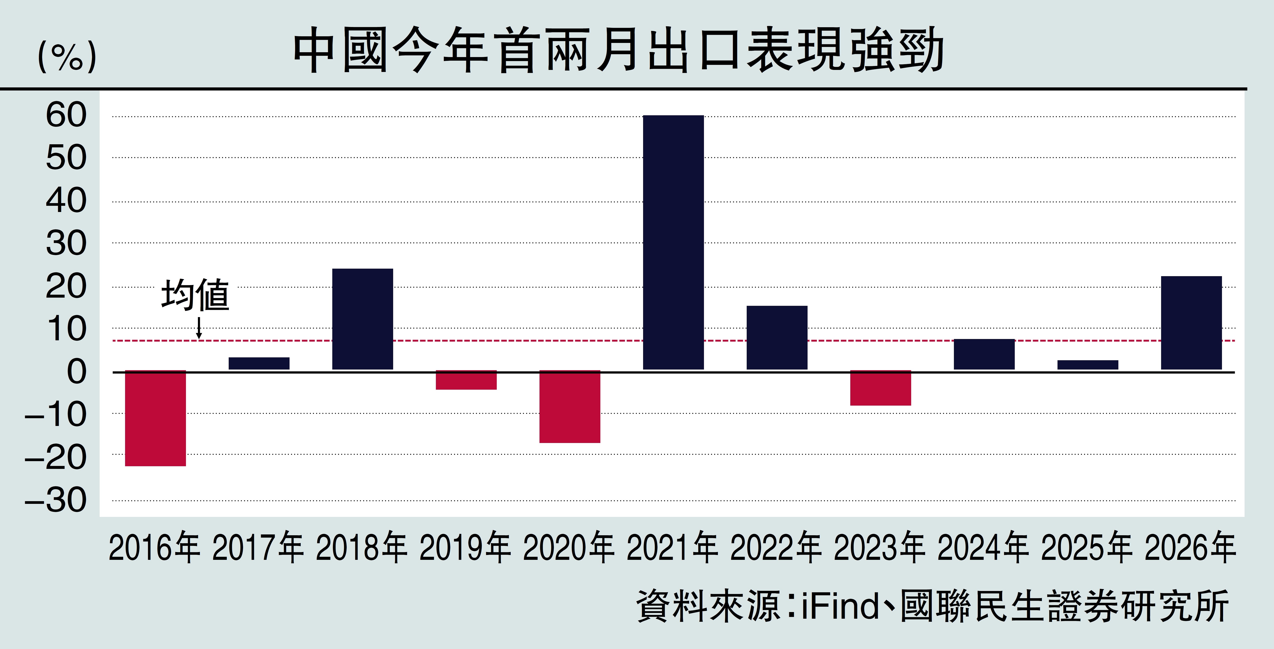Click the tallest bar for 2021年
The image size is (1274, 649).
673,242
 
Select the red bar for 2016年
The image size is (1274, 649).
155,418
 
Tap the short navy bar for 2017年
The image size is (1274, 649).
259,363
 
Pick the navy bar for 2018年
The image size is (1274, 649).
363,319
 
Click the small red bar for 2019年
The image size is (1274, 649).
466,380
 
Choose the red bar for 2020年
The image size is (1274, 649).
570,406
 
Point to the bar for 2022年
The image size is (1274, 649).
777,338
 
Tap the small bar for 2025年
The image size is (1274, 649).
1088,365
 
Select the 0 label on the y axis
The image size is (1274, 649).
77,372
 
